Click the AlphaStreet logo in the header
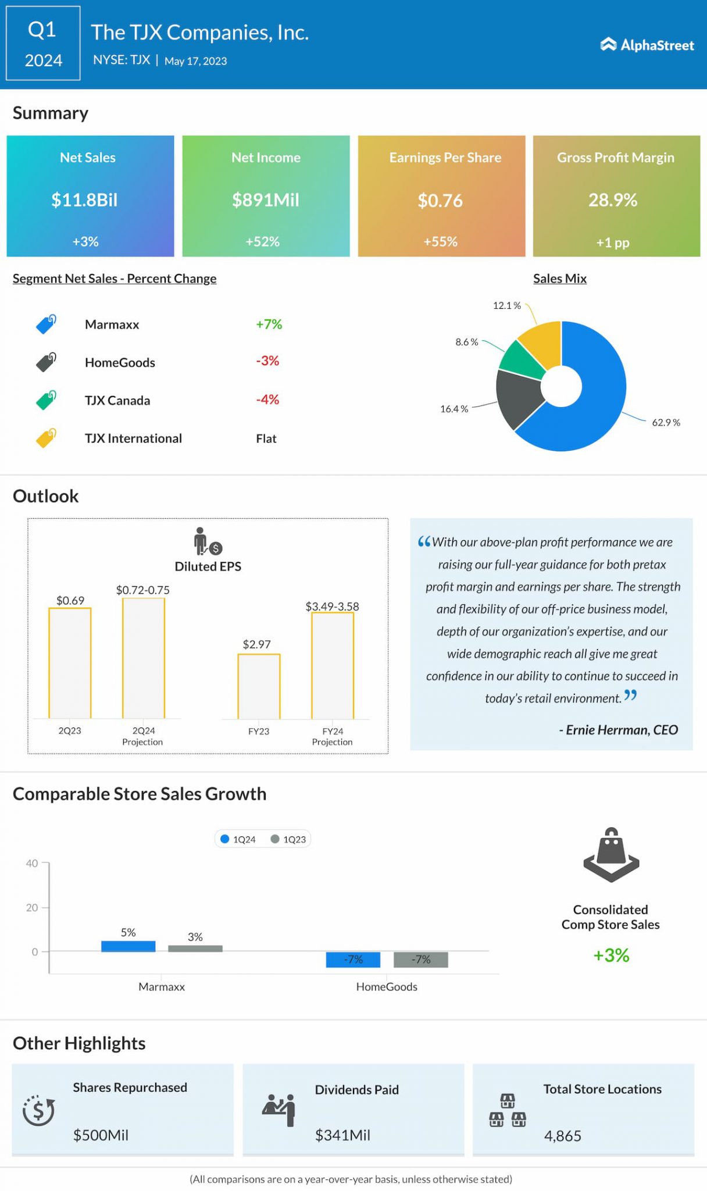tap(647, 45)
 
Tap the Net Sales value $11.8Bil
tap(84, 200)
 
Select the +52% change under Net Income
tap(263, 241)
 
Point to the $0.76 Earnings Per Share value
tap(440, 201)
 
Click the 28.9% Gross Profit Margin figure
tap(613, 200)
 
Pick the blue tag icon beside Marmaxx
tap(46, 324)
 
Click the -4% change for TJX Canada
tap(267, 400)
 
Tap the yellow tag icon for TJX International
tap(46, 438)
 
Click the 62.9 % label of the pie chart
tap(666, 423)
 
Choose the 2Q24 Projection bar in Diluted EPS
tap(144, 658)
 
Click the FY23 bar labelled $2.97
tap(259, 686)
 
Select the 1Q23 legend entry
tap(288, 839)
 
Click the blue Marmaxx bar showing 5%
tap(128, 946)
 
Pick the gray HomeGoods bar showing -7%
tap(420, 960)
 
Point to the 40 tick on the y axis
tap(32, 863)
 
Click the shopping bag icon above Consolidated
tap(611, 854)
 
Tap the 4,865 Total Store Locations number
tap(562, 1136)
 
